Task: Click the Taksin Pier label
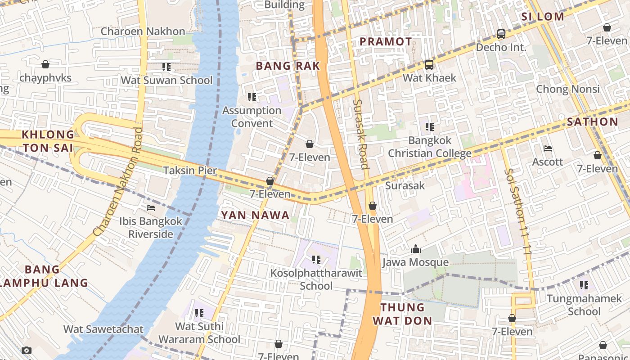(190, 171)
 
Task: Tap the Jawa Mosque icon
(415, 249)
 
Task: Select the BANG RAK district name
(288, 66)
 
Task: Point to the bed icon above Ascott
(548, 148)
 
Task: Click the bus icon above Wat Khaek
(429, 65)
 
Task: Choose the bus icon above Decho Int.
(501, 34)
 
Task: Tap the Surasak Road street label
(360, 134)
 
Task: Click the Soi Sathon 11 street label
(517, 211)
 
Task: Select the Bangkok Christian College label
(429, 147)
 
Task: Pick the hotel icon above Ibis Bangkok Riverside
(151, 208)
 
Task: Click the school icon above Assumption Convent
(252, 97)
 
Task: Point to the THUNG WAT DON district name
(406, 314)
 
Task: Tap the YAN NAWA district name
(255, 216)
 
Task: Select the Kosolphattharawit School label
(316, 279)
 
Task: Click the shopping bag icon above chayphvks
(45, 65)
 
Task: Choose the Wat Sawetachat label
(103, 329)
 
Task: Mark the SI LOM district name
(542, 17)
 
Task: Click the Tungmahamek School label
(584, 305)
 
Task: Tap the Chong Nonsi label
(567, 89)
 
